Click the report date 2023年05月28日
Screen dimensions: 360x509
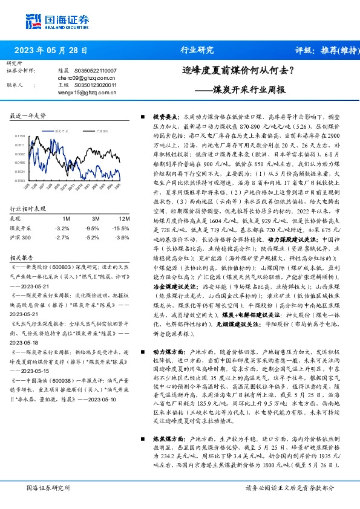coord(51,51)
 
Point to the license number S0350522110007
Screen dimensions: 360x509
coord(96,71)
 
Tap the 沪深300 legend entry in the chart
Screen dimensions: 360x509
coord(102,130)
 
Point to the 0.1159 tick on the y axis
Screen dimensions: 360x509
coord(20,137)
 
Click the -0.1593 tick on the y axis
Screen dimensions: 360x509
coord(20,181)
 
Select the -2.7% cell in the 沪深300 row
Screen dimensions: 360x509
coord(62,237)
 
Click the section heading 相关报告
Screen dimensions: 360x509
coord(21,256)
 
